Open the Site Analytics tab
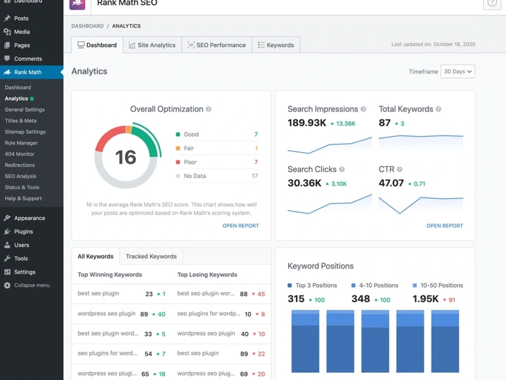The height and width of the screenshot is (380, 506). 152,45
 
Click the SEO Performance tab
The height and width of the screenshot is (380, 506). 217,45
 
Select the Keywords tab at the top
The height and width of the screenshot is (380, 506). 276,45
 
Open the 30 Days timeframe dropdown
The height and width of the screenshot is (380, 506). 457,71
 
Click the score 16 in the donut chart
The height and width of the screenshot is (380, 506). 125,157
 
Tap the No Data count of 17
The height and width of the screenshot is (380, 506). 255,176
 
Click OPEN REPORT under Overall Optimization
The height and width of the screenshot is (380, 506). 241,226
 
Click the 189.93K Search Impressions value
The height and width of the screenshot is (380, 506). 307,123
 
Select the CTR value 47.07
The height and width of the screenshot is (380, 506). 391,183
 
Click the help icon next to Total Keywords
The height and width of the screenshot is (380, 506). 438,109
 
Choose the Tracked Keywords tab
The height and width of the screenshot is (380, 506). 151,257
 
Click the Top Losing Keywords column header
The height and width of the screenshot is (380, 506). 207,275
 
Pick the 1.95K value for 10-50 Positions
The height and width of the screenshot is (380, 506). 426,299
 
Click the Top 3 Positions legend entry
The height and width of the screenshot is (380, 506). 312,285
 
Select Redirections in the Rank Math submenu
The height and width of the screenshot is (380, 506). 20,165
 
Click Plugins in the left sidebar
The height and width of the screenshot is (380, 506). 23,232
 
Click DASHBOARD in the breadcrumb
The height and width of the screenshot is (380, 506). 88,26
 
